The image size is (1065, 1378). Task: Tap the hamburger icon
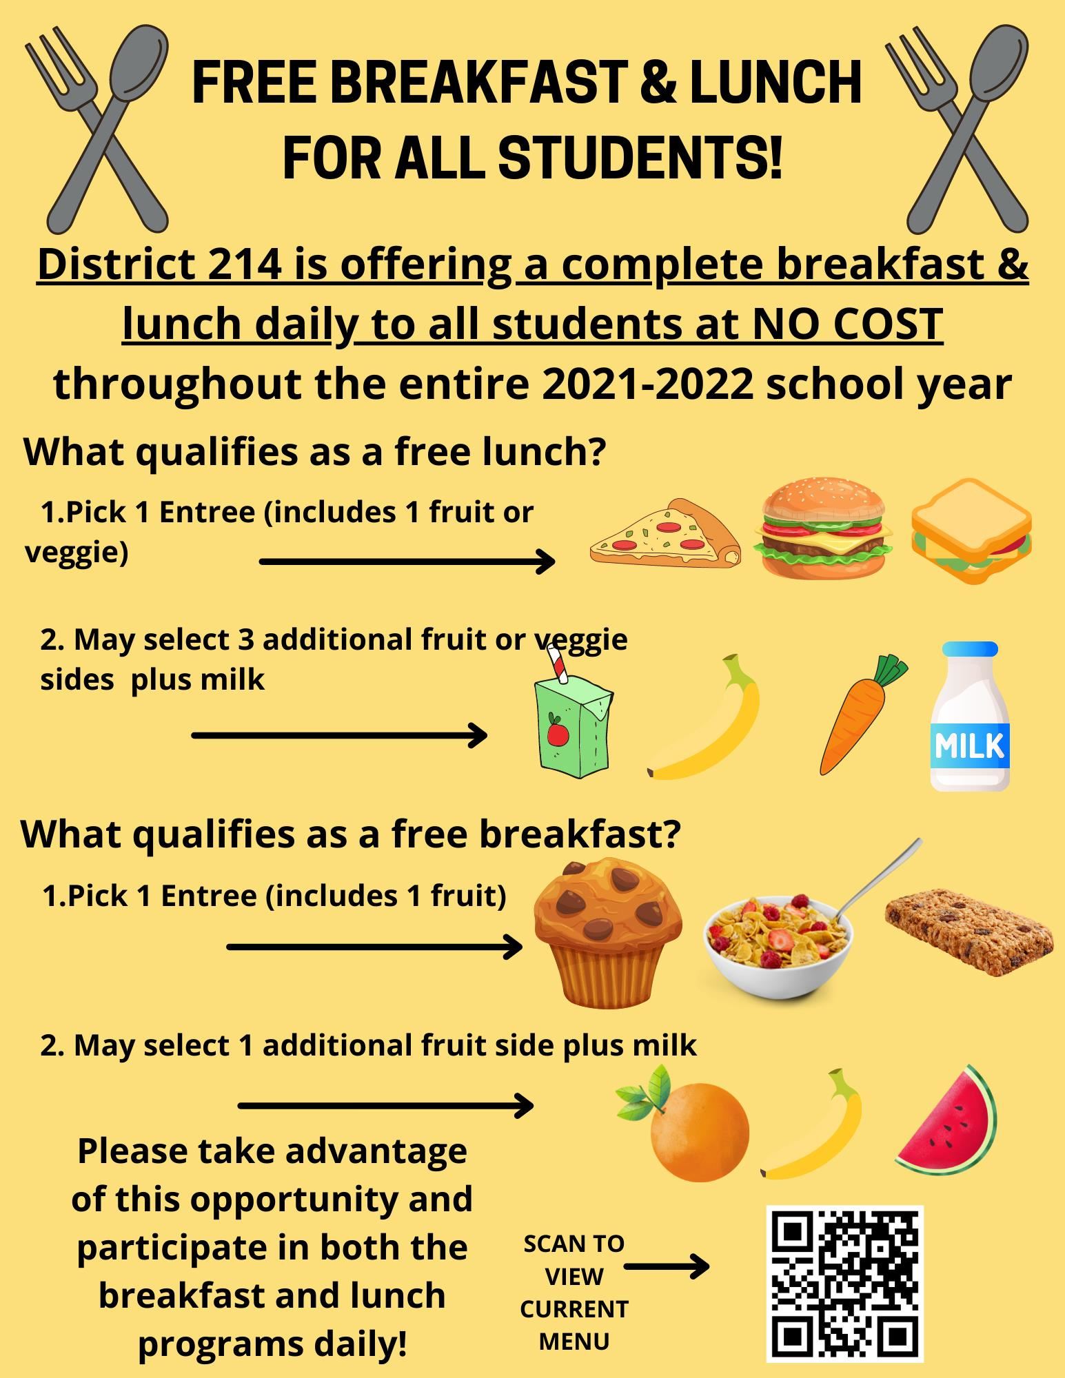click(x=822, y=527)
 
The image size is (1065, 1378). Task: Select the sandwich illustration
click(x=971, y=531)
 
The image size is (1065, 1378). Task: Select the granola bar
click(x=969, y=932)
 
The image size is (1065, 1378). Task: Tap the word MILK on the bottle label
click(x=970, y=746)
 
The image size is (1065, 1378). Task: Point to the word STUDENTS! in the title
click(x=640, y=157)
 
